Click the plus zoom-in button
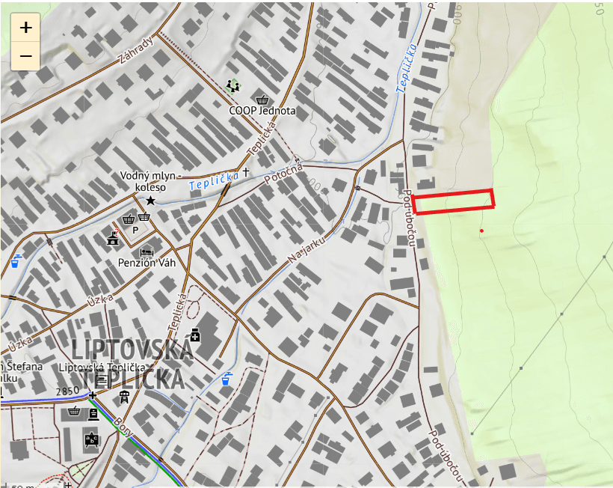(25, 28)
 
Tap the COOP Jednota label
(262, 111)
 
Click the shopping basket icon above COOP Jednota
(262, 99)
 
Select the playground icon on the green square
(234, 85)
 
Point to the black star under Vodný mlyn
(150, 201)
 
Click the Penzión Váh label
(147, 263)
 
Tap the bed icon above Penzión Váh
(147, 250)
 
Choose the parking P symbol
(135, 230)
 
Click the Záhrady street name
(135, 52)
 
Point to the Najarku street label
(303, 248)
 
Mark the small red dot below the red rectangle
(481, 231)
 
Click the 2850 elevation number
(67, 391)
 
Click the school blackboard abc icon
(92, 439)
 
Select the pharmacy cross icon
(195, 334)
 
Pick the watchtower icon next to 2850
(125, 396)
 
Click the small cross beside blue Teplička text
(245, 172)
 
